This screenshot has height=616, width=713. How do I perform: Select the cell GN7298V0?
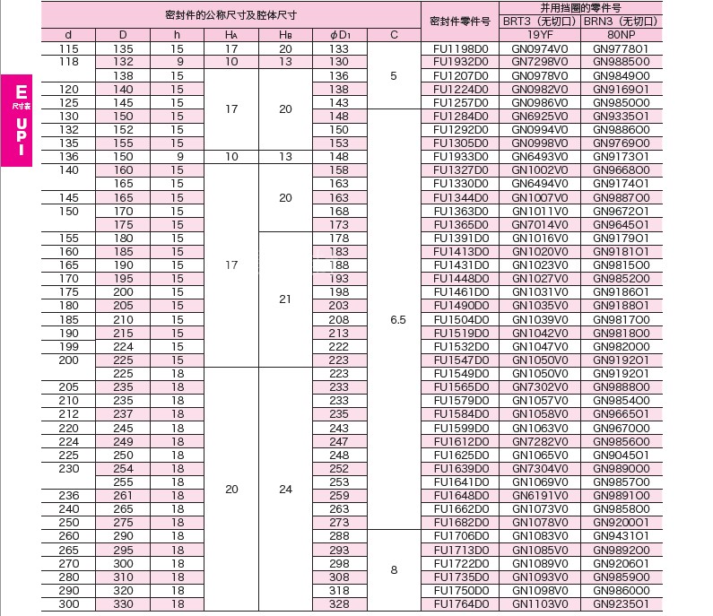[539, 62]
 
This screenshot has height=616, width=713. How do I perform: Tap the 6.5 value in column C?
[394, 318]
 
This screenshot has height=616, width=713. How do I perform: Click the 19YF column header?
[539, 35]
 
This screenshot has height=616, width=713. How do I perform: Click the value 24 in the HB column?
[285, 490]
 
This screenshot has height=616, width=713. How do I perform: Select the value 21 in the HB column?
[285, 299]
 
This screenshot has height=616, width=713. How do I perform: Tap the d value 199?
[69, 346]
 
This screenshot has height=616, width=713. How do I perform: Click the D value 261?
[123, 495]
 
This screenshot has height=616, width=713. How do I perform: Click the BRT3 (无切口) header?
[539, 21]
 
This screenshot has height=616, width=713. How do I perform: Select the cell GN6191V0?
[539, 495]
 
